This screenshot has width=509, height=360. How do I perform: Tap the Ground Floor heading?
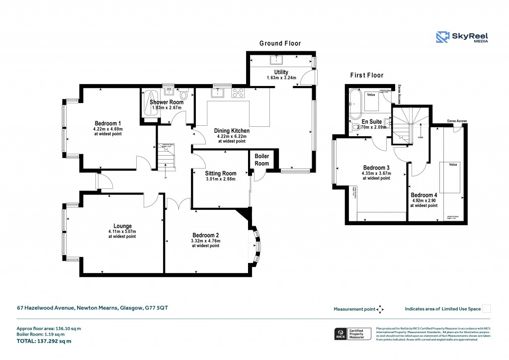tap(280, 44)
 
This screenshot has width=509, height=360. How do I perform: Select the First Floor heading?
tap(367, 76)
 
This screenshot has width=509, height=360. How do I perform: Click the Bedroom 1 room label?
tap(108, 123)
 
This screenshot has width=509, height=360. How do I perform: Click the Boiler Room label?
tap(261, 160)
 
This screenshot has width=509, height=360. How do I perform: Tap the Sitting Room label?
tap(221, 174)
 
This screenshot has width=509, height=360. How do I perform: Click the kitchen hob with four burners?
tap(238, 92)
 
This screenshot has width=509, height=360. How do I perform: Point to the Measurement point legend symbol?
tap(380, 309)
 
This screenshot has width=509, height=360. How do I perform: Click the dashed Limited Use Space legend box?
tap(487, 309)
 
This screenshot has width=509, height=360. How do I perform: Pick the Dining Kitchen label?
tap(232, 131)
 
